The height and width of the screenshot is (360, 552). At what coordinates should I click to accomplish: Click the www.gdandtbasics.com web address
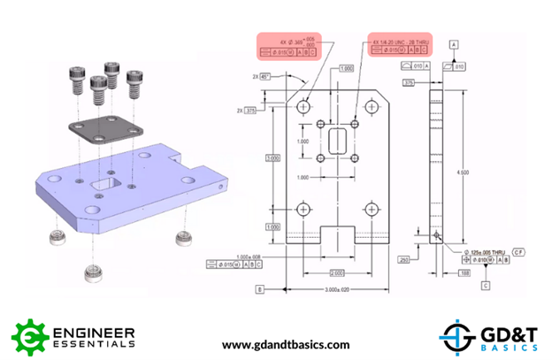coord(285,344)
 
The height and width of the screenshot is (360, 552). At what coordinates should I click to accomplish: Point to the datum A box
coord(454,43)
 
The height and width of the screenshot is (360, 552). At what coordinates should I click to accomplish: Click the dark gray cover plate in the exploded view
coord(100,128)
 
